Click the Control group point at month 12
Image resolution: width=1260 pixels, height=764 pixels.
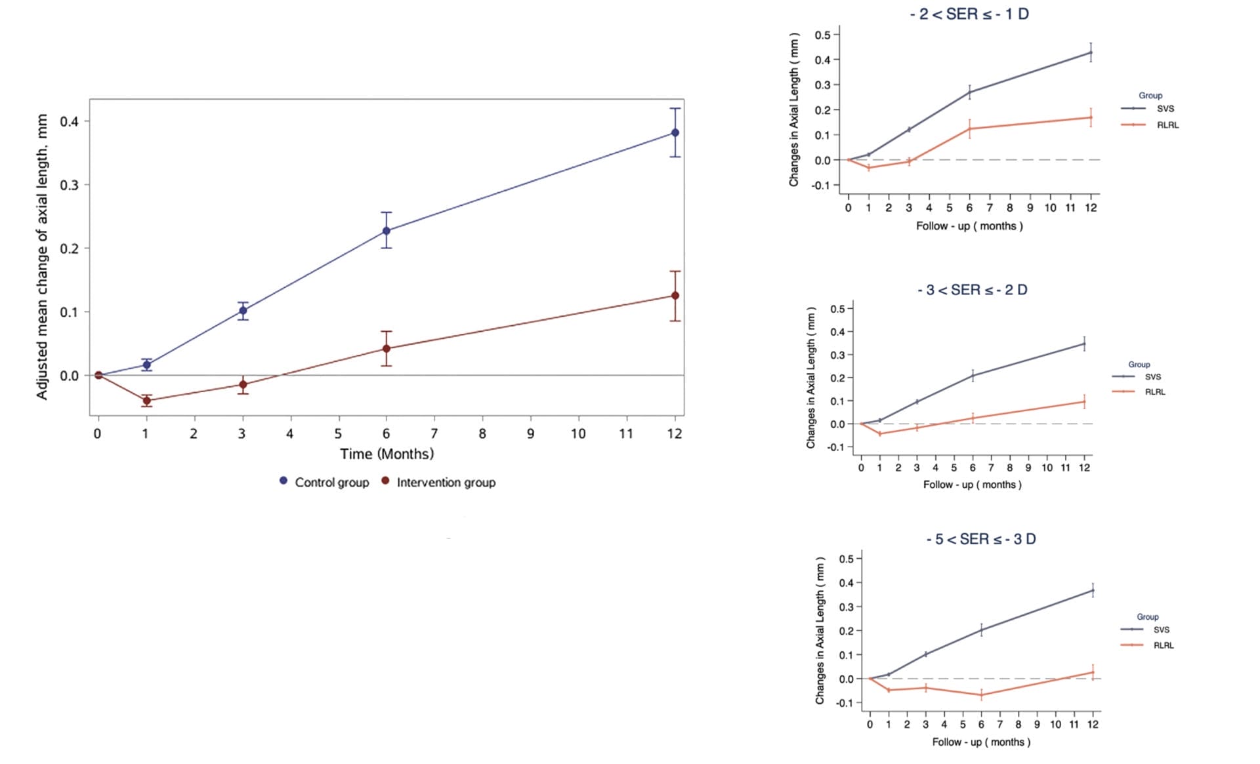click(x=675, y=132)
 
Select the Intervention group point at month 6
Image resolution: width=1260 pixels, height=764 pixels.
click(x=387, y=348)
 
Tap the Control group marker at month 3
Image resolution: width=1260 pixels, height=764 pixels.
click(x=243, y=311)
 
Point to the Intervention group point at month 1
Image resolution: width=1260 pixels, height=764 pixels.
click(x=146, y=400)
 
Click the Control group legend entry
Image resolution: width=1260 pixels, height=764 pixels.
click(x=324, y=482)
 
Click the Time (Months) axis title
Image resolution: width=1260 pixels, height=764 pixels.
click(x=387, y=454)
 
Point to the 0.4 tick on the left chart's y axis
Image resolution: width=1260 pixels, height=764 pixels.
click(x=69, y=121)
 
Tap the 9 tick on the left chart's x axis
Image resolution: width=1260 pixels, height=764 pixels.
click(x=530, y=433)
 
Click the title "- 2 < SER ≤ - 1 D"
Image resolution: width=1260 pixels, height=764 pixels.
click(x=969, y=14)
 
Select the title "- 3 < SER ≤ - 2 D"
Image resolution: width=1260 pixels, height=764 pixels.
click(x=972, y=290)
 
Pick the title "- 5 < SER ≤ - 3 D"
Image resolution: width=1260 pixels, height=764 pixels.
click(x=981, y=539)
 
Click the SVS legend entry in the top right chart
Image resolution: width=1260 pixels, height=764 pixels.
click(x=1164, y=109)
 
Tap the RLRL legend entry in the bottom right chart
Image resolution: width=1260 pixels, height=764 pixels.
click(x=1163, y=645)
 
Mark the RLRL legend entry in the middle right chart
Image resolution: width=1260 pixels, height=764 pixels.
click(x=1154, y=392)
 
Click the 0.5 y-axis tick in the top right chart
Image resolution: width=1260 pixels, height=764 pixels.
click(x=822, y=35)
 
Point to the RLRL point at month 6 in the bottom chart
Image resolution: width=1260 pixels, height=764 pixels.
click(x=981, y=694)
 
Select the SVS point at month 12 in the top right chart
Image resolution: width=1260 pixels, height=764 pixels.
click(x=1091, y=52)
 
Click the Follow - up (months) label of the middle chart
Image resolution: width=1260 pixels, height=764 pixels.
click(x=972, y=485)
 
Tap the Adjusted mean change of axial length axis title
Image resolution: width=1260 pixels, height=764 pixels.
click(x=42, y=256)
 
